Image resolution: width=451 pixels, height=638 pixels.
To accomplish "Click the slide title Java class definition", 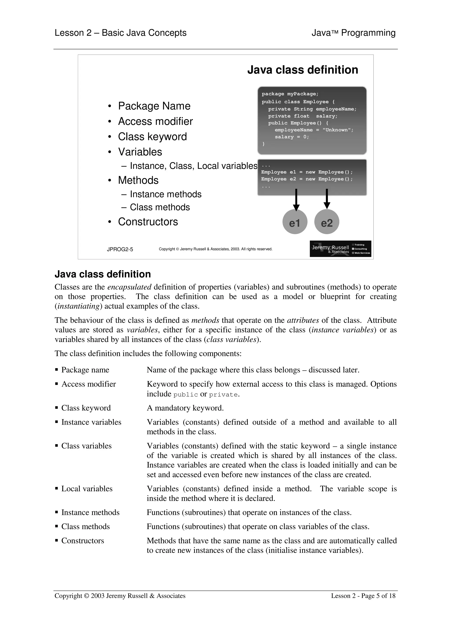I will pos(302,70).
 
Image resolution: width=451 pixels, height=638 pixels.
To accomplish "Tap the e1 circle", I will pos(295,222).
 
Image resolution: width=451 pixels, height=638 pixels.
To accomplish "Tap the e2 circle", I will pos(327,222).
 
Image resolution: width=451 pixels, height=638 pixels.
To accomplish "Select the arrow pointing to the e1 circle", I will pos(296,199).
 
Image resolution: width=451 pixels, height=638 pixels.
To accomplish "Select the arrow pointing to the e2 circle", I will pos(327,198).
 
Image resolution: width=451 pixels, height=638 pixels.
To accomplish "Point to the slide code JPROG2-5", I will pos(120,249).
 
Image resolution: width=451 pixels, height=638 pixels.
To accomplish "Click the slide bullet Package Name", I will pos(154,106).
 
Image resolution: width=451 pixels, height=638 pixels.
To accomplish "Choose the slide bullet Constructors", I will pos(148,222).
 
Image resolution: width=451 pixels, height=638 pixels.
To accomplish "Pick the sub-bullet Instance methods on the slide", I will pos(166,194).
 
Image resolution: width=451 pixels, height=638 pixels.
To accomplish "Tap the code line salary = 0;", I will pos(292,137).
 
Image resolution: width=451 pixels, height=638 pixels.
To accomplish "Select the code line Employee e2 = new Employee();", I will pos(307,179).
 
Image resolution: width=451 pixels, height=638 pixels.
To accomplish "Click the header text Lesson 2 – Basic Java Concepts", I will pos(120,33).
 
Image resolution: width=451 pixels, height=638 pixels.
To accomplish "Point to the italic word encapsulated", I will pos(129,287).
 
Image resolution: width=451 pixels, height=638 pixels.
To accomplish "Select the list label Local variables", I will pos(87,489).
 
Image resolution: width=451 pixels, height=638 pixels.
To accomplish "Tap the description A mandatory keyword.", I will pos(185,408).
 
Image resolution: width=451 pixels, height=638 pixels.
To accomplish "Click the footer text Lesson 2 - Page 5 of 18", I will pos(363,596).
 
